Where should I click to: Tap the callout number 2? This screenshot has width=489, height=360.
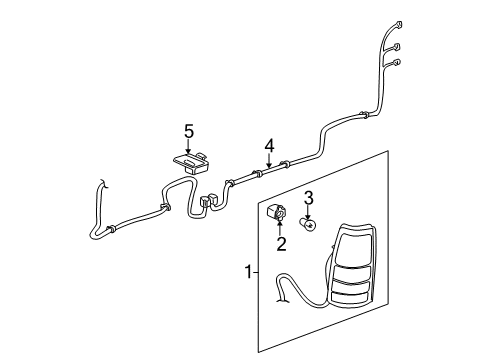pos(281,242)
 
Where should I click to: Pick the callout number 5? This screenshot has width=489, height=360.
pos(186,130)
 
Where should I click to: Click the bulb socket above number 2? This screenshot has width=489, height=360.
pos(279,213)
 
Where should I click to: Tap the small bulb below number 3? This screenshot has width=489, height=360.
pos(311,226)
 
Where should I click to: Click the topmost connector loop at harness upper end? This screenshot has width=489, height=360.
pos(400,23)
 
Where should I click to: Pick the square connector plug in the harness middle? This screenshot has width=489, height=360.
pos(207,201)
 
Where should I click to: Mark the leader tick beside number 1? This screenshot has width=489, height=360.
pos(257,271)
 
